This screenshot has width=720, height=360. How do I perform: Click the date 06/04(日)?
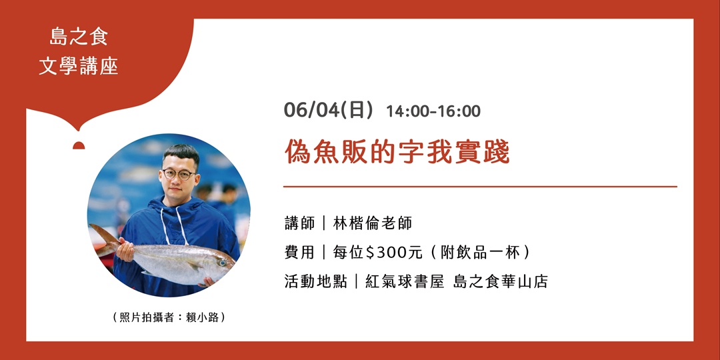click(328, 110)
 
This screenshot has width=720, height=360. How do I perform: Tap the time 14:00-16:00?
click(433, 111)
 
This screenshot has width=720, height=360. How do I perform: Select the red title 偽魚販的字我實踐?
click(397, 152)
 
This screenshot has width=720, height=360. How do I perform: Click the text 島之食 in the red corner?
click(79, 38)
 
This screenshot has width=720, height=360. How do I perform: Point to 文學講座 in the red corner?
click(79, 67)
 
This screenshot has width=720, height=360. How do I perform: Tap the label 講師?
click(299, 223)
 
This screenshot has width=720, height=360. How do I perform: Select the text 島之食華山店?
click(500, 281)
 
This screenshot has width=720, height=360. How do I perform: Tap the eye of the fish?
click(222, 263)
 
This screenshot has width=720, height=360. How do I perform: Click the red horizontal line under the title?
click(480, 187)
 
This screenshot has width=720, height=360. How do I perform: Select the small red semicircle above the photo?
click(79, 146)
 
